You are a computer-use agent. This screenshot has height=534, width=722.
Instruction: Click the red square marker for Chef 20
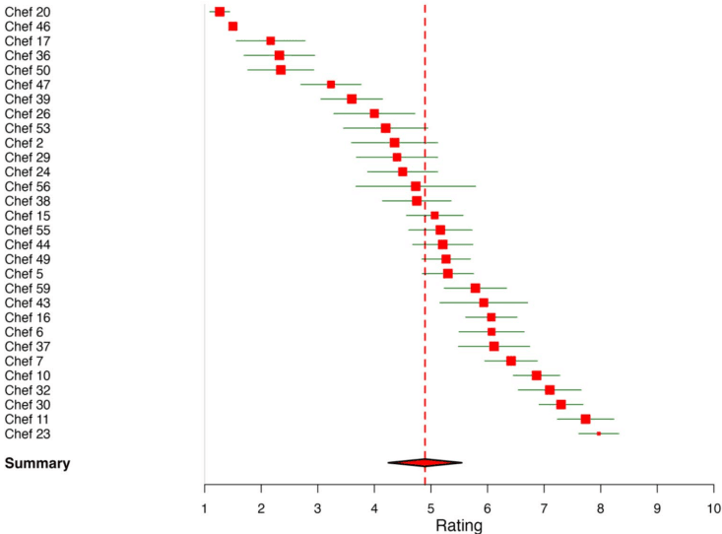(220, 12)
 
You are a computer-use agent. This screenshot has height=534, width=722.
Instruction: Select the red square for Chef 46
(232, 27)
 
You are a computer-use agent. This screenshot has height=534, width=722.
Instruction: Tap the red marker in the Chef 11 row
(585, 419)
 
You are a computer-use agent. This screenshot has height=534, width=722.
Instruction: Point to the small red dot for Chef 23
(598, 434)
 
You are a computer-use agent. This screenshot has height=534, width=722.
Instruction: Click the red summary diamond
(425, 462)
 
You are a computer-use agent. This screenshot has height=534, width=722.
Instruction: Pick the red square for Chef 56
(416, 186)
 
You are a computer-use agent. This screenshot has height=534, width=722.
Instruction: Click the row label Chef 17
(28, 40)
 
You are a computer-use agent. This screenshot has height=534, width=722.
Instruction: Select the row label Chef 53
(28, 128)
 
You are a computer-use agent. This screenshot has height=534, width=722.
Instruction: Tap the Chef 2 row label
(25, 143)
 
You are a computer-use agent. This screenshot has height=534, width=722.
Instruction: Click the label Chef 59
(28, 288)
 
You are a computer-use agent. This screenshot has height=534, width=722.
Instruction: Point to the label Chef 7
(25, 361)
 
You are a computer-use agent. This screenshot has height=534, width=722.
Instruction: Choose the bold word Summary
(37, 463)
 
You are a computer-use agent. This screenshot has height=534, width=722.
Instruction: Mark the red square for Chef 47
(331, 85)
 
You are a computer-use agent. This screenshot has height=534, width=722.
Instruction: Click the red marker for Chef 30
(560, 404)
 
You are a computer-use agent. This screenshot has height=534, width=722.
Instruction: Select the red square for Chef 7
(510, 361)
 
